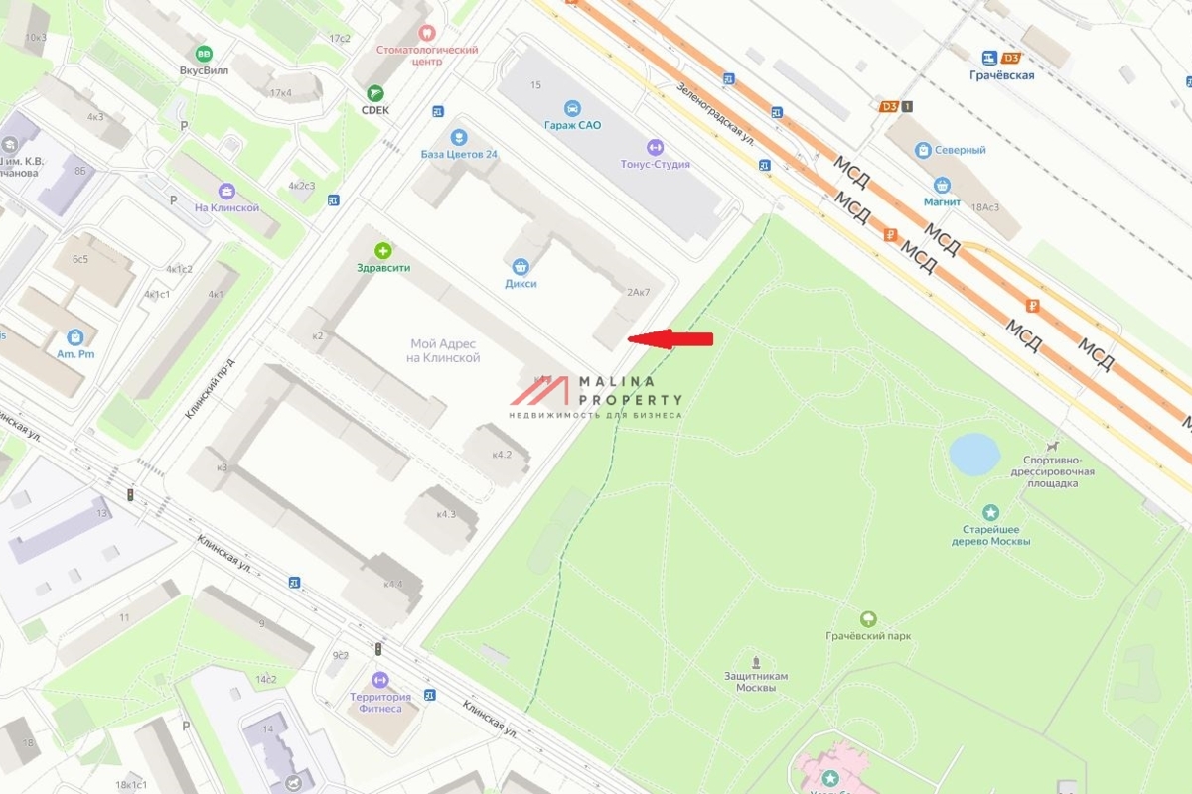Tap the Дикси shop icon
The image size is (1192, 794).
[x=520, y=266]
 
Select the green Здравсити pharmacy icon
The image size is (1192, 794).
[x=382, y=251]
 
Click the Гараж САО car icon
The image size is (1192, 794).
[x=572, y=108]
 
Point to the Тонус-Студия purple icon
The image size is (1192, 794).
[x=654, y=147]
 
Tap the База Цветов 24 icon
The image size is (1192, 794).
[x=458, y=137]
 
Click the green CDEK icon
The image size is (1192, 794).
[x=374, y=93]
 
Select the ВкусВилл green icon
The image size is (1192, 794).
[x=204, y=53]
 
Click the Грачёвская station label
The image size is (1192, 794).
[x=1002, y=75]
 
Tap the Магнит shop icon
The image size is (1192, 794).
[x=942, y=185]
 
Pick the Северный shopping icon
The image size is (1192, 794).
[x=923, y=150]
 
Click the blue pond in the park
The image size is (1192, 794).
[x=974, y=454]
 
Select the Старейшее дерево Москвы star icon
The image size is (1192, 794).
[x=990, y=513]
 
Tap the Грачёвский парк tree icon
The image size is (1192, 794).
[x=868, y=619]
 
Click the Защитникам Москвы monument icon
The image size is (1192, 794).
[x=756, y=661]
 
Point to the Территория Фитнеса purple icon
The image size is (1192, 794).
[x=378, y=680]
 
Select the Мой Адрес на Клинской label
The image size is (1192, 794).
[x=444, y=350]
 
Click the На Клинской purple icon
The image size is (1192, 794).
[x=226, y=192]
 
